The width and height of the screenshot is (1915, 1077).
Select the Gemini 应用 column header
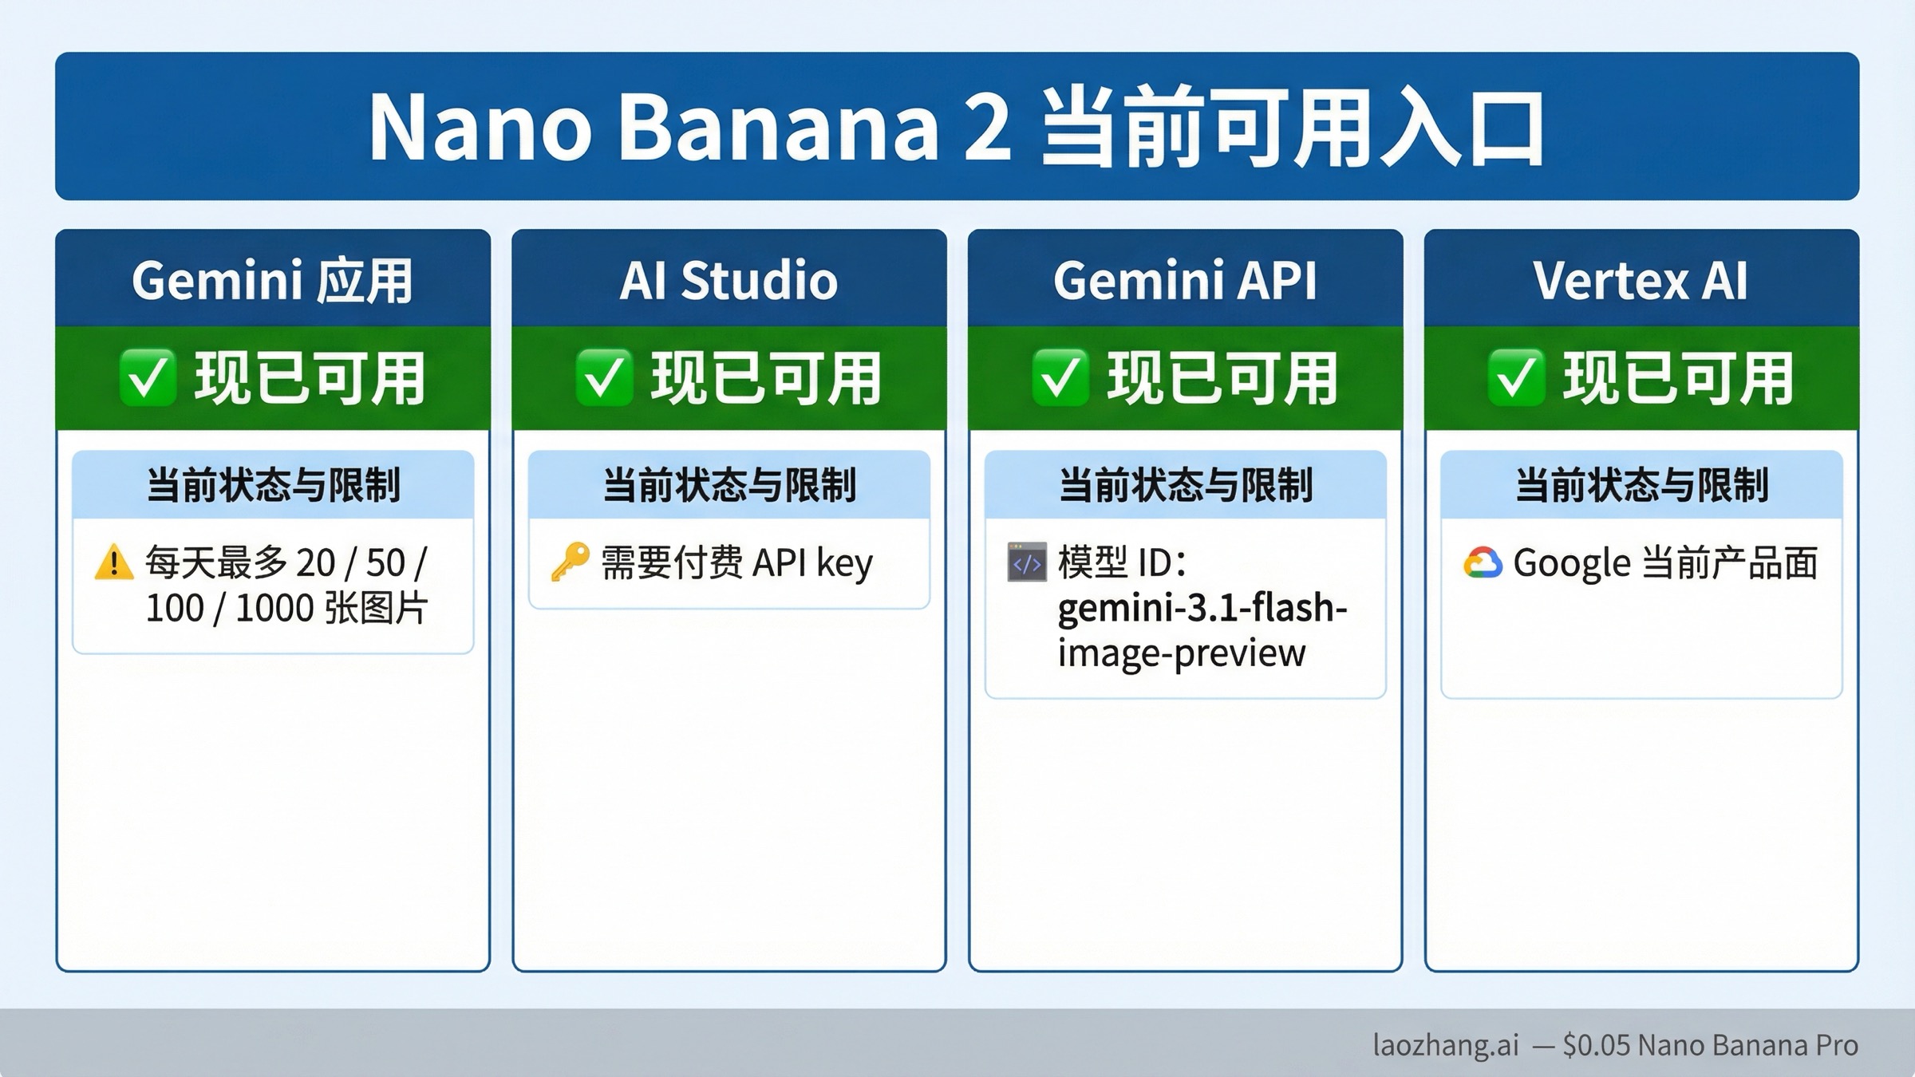click(272, 280)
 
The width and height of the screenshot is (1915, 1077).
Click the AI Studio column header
click(728, 280)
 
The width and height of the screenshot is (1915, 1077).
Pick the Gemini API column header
click(1185, 280)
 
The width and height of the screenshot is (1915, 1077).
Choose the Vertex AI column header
click(1641, 280)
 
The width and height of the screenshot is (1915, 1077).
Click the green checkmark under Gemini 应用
click(148, 377)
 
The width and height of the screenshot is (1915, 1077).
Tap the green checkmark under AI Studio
click(604, 377)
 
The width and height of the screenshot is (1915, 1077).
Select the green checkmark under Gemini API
click(1060, 377)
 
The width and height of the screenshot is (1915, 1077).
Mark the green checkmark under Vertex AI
click(1516, 377)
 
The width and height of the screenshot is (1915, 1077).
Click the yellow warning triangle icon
click(114, 562)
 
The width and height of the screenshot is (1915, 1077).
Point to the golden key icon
click(571, 562)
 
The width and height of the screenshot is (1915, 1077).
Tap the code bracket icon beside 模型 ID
click(1027, 562)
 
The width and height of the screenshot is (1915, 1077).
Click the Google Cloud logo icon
click(1483, 563)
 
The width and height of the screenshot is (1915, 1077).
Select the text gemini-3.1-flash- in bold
click(1202, 609)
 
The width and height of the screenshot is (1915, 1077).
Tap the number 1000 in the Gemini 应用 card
click(274, 609)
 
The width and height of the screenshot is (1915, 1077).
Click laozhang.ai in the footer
click(1445, 1045)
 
